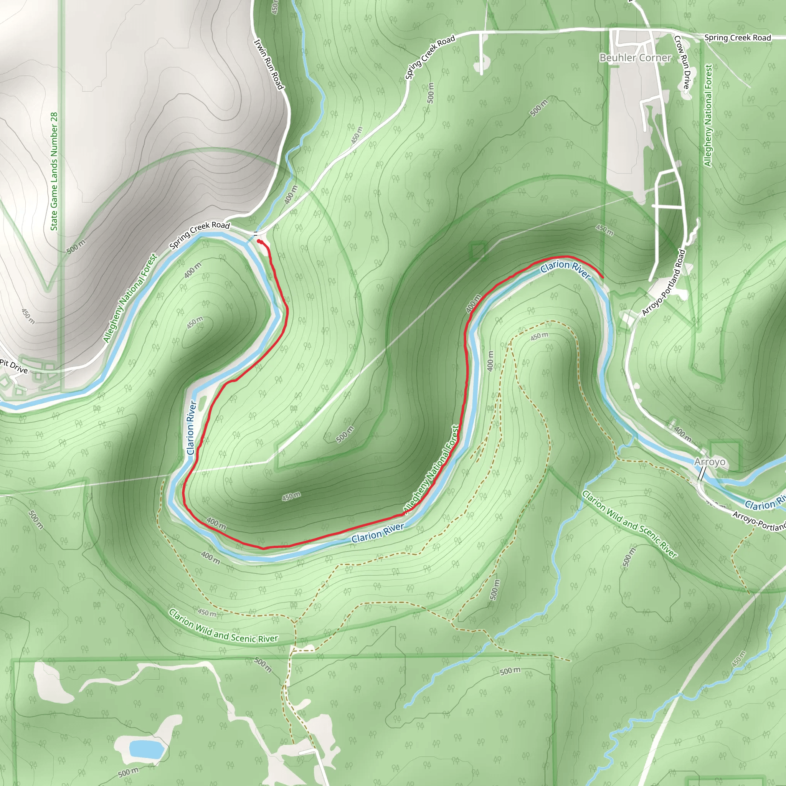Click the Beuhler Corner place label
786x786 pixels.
tap(635, 58)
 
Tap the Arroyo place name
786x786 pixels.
tap(710, 462)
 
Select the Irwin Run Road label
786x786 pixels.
tap(268, 64)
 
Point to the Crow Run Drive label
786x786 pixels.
tap(682, 62)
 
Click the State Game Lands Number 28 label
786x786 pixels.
tap(54, 171)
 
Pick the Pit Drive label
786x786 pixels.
tap(14, 366)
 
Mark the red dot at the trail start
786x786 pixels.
tap(259, 241)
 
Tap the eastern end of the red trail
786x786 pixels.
tap(602, 277)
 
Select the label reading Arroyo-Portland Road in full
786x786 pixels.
tap(664, 283)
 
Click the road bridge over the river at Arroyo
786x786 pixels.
tap(702, 473)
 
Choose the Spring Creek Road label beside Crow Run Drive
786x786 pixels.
tap(737, 38)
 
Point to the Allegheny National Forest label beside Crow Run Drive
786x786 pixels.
tap(708, 116)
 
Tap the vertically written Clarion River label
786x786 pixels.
tap(191, 428)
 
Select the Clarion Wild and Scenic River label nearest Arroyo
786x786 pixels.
tap(629, 524)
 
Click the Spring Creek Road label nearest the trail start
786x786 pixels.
tap(199, 234)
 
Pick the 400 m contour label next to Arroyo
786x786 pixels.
tap(682, 434)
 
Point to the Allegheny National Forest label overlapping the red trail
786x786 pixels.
tap(431, 469)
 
